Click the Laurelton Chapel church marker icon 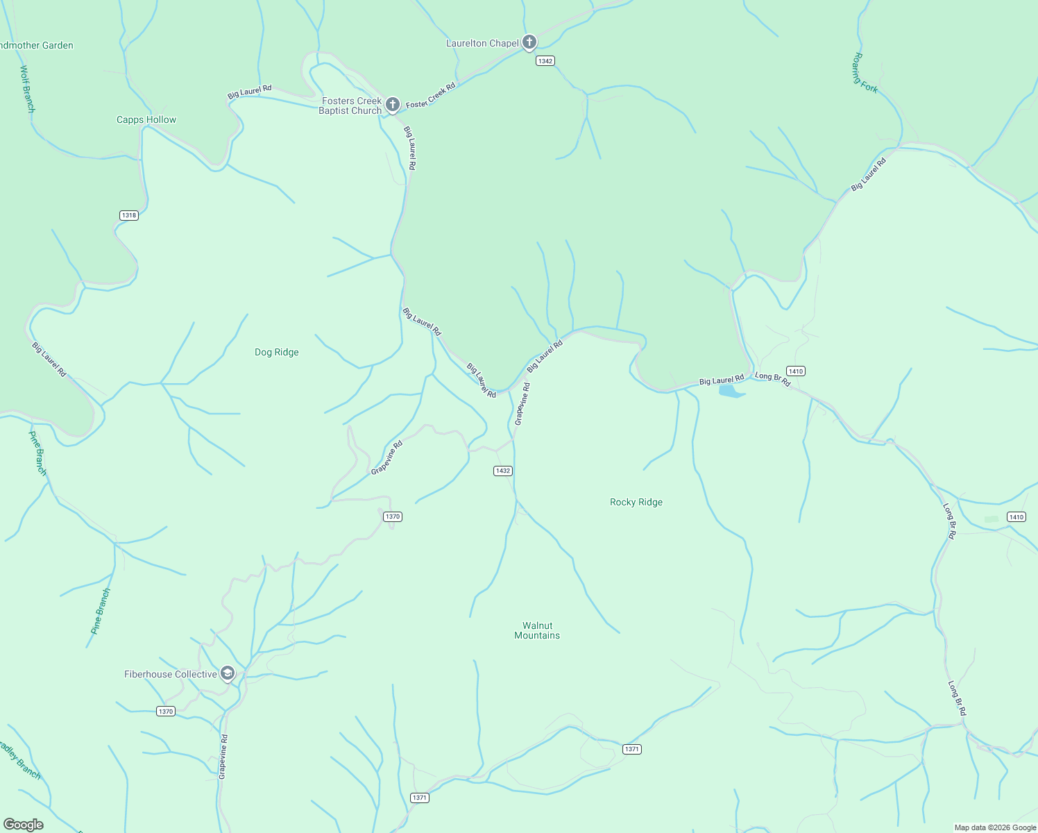(529, 42)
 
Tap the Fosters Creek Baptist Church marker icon (392, 105)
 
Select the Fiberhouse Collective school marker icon (227, 673)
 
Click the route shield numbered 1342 (545, 61)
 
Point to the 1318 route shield (129, 215)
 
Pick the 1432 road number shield (502, 471)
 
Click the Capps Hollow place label (146, 119)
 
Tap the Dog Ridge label (276, 352)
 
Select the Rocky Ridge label (636, 502)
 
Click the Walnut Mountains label (537, 630)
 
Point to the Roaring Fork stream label (866, 73)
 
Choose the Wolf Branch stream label (28, 89)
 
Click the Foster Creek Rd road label (431, 96)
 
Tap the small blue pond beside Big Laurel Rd (731, 392)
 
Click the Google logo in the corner (24, 824)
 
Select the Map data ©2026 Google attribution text (994, 827)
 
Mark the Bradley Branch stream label (19, 760)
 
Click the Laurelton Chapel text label (482, 43)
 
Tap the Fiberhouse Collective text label (170, 674)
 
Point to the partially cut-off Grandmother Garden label (37, 45)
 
